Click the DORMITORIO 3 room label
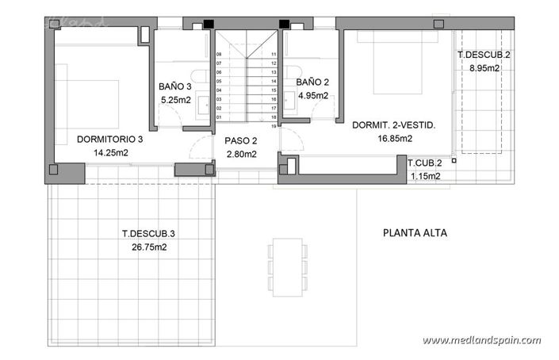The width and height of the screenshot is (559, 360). (110, 139)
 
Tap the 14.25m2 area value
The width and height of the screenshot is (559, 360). (110, 152)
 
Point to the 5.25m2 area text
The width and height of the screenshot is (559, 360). (176, 101)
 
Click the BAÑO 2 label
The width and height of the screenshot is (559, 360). (312, 82)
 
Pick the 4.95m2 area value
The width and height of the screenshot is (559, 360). (312, 96)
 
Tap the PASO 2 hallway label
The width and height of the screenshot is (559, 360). (240, 140)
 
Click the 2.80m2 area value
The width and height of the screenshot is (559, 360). (240, 154)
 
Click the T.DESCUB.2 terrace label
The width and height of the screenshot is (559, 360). (484, 55)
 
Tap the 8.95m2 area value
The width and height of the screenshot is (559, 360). (484, 68)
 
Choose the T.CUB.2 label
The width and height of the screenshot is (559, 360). (425, 163)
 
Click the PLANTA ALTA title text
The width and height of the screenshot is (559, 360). (415, 233)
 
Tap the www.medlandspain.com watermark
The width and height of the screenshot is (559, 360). (481, 340)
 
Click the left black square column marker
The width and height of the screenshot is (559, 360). (208, 24)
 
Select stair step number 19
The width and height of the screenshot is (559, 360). (273, 125)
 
